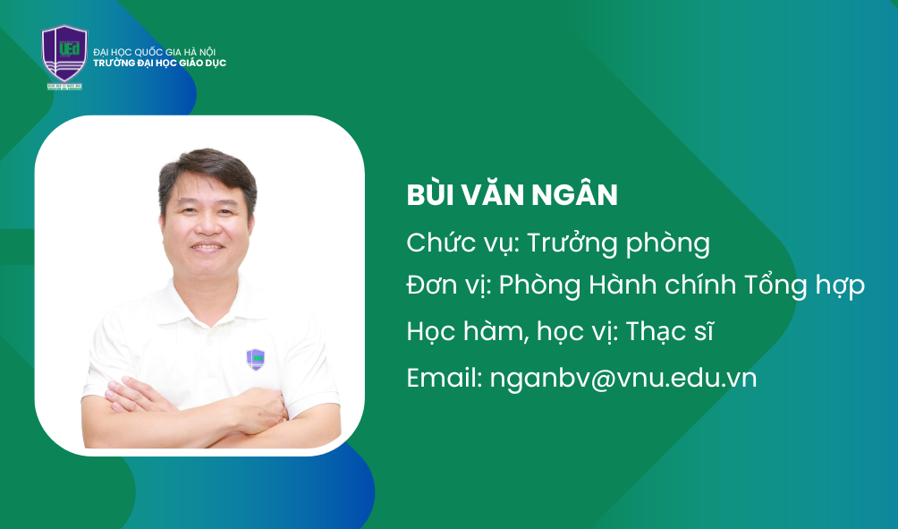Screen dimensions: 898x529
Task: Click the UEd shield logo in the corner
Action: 64,56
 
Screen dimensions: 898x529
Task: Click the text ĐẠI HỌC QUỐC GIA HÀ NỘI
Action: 155,52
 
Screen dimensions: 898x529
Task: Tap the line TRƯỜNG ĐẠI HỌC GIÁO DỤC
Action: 160,63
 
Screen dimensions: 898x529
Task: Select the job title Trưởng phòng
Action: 619,243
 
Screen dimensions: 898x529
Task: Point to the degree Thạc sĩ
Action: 670,331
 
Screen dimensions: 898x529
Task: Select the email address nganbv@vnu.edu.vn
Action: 623,379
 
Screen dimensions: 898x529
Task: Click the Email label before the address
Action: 444,379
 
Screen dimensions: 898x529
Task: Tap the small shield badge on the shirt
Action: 256,359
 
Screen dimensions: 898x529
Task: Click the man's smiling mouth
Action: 208,247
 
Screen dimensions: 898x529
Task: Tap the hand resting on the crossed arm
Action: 260,409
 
